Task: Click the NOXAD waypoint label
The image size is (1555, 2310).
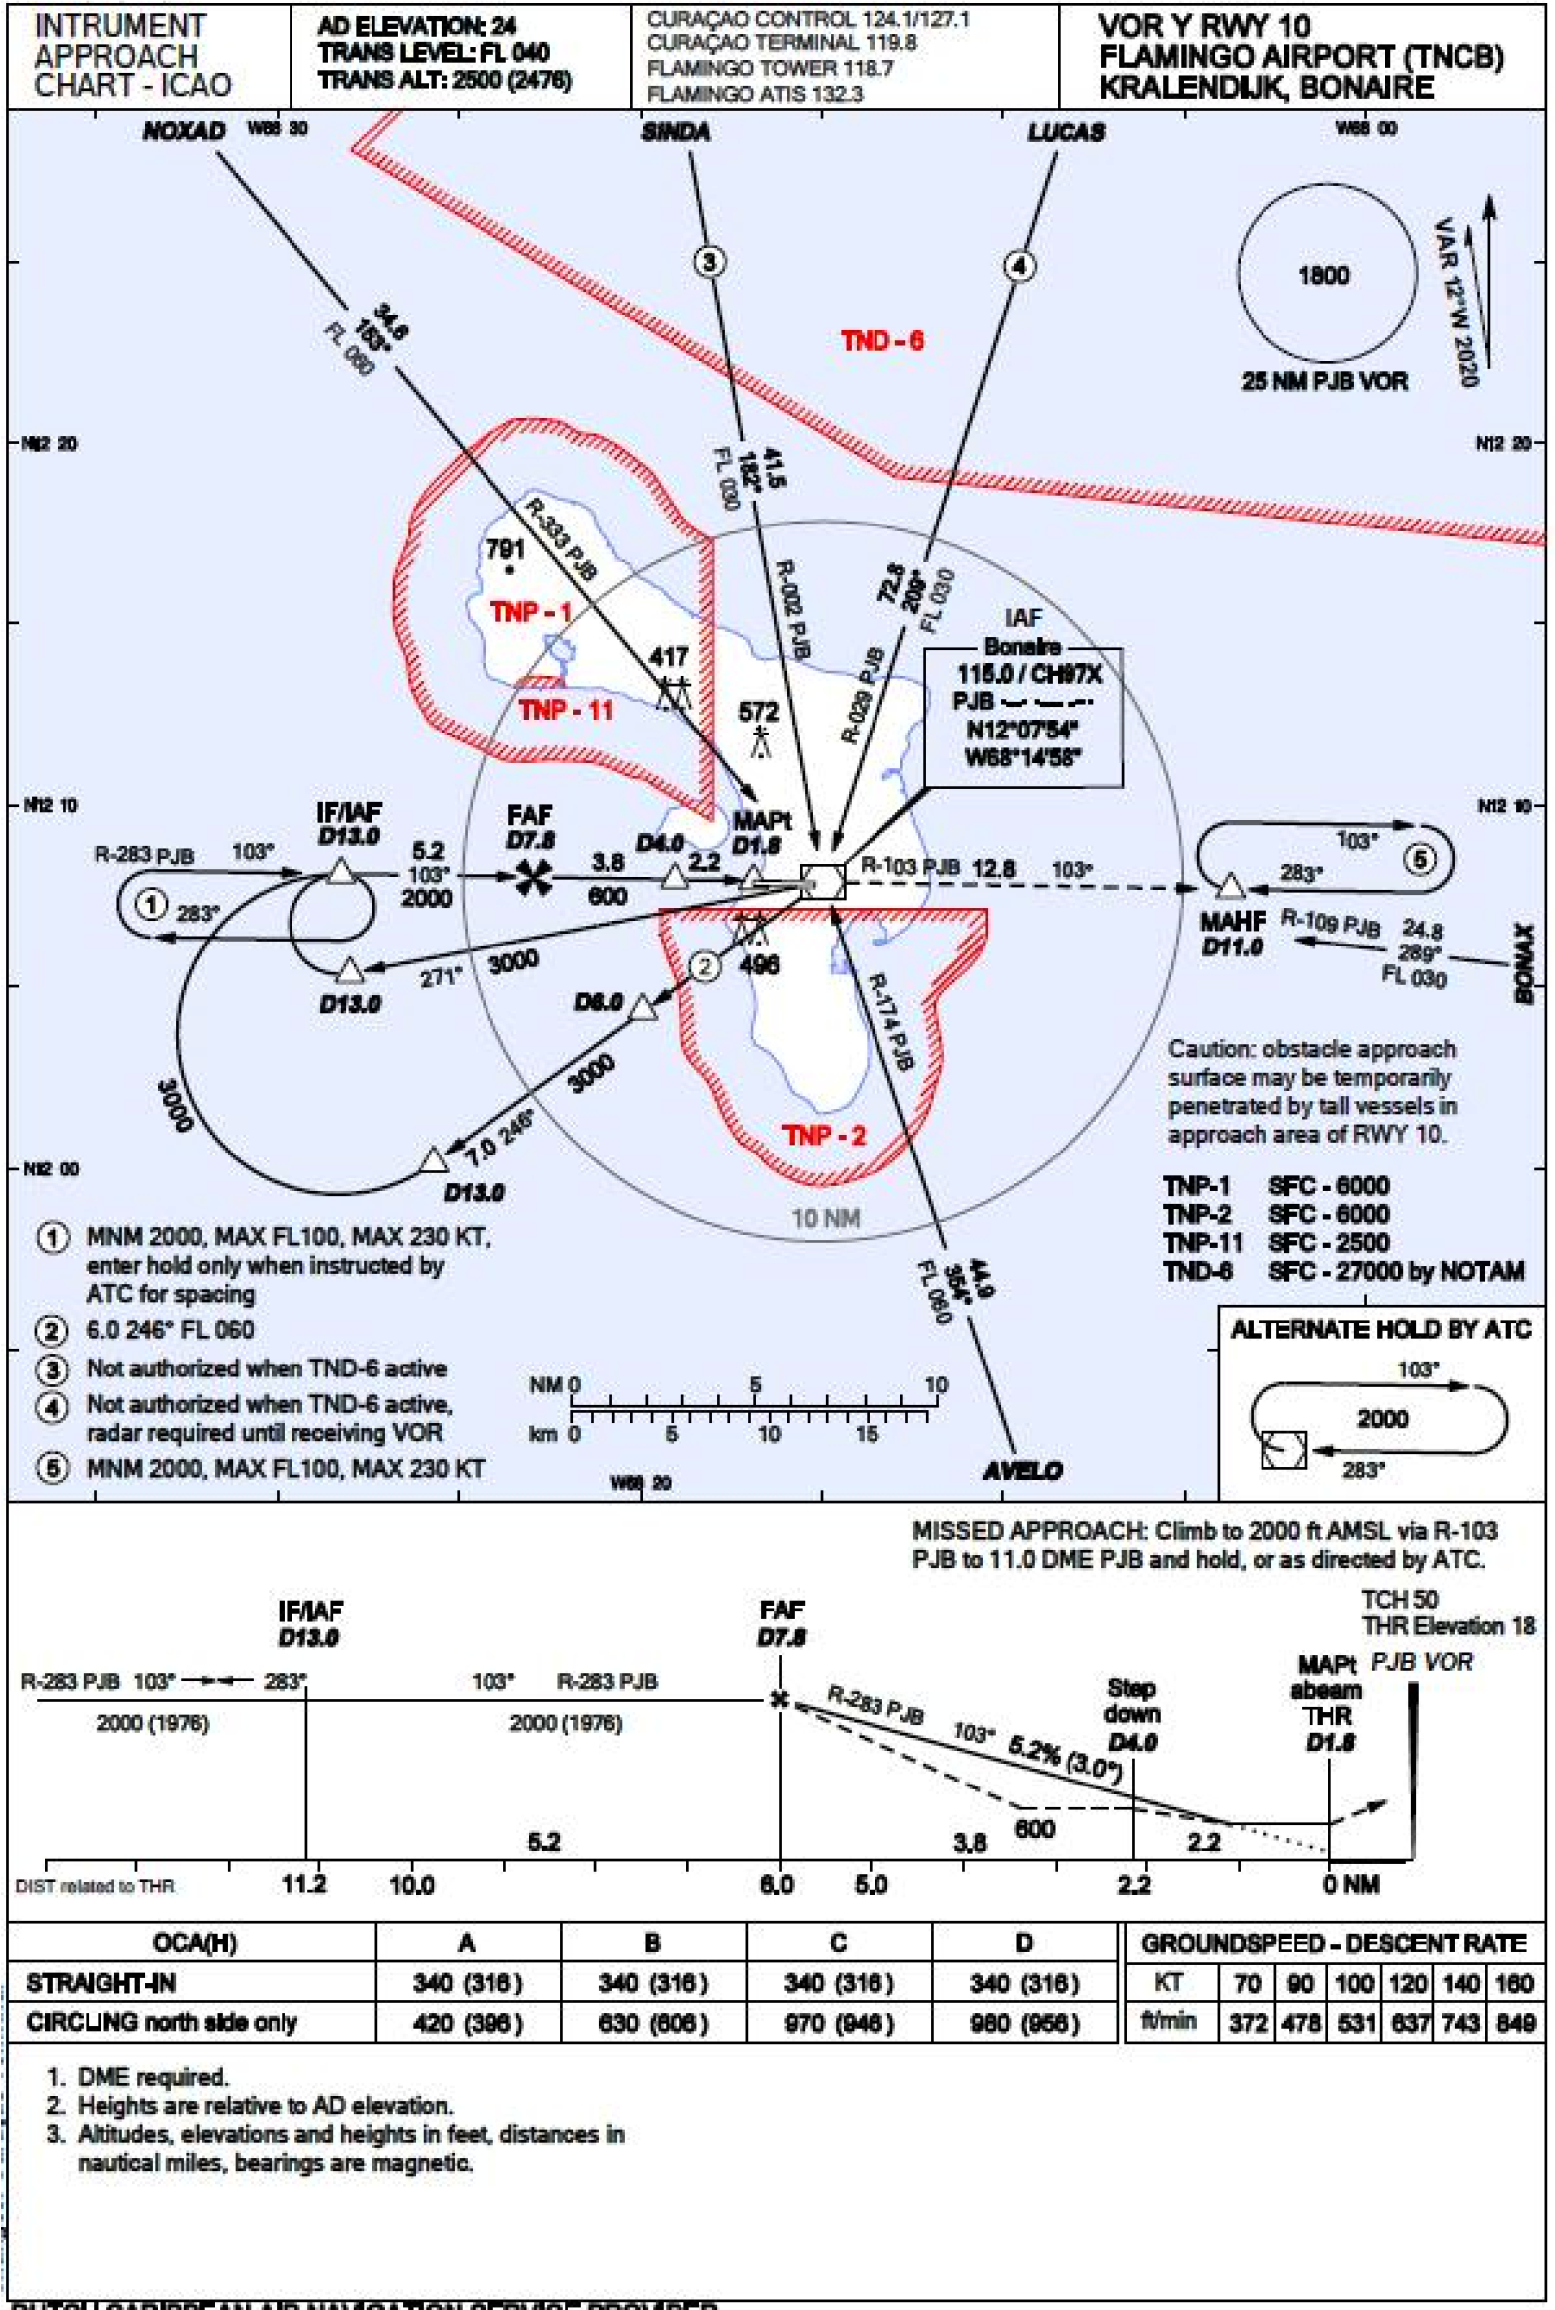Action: [x=184, y=131]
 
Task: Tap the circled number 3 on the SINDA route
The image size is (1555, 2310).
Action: [x=708, y=262]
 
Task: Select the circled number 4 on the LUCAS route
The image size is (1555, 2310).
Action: [x=1018, y=266]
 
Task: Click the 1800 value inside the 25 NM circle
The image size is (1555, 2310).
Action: [x=1323, y=276]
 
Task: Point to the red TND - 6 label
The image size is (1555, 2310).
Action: [x=881, y=341]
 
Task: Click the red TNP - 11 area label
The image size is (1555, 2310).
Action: [x=565, y=710]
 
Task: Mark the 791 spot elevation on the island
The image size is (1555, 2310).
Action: [x=505, y=549]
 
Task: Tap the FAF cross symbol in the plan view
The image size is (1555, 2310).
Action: [x=533, y=877]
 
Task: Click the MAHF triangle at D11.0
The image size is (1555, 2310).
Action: [x=1231, y=886]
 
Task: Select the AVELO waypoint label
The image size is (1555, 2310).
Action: [x=1022, y=1471]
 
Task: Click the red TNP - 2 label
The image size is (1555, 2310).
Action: [x=824, y=1136]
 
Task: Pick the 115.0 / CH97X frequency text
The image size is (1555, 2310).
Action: [x=1030, y=674]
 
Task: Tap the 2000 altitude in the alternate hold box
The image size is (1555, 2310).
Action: [x=1382, y=1418]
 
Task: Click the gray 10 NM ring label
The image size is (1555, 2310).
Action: [x=825, y=1218]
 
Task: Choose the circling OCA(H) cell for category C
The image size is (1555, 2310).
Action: [x=838, y=2023]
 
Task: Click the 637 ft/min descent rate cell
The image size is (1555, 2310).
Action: [x=1409, y=2023]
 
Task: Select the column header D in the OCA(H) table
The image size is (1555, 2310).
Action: [x=1023, y=1942]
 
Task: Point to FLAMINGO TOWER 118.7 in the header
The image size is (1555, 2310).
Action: [x=769, y=68]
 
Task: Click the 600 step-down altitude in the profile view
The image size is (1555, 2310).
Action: [x=1034, y=1828]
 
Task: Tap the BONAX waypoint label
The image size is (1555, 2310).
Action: [x=1523, y=962]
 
